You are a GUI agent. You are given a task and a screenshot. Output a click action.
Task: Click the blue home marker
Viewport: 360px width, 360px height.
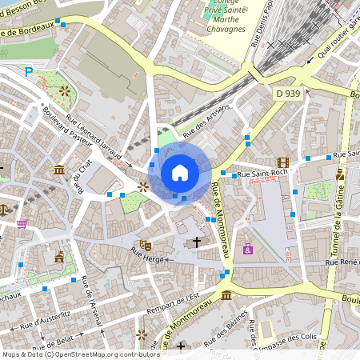[x=180, y=173]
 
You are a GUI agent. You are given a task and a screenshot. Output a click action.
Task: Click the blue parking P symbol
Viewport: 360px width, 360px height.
[x=29, y=72]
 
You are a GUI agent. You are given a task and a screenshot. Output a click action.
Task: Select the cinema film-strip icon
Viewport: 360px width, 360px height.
[x=282, y=162]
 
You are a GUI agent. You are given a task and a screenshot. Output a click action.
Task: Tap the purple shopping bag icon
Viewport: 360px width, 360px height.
[x=248, y=249]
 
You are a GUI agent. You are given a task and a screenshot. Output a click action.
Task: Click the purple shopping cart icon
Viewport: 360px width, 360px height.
[x=21, y=224]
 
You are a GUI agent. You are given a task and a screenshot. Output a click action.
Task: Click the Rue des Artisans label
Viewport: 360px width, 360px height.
[x=206, y=119]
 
